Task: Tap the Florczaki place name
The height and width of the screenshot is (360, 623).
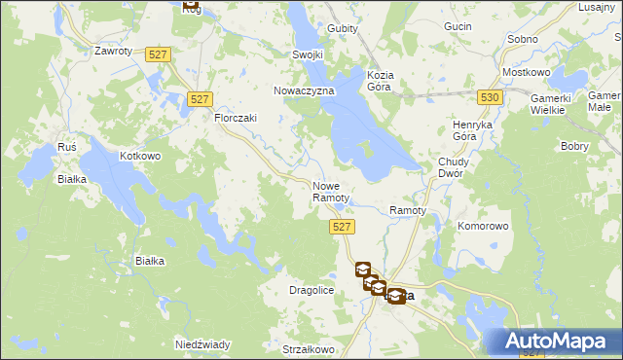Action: tap(235, 118)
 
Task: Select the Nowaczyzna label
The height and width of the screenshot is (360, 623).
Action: tap(304, 90)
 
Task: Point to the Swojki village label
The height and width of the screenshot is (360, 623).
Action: tap(308, 54)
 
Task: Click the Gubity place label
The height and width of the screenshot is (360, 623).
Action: tap(343, 28)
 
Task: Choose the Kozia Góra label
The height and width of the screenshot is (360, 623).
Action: tap(379, 81)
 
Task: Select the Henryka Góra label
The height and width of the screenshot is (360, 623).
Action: tap(475, 131)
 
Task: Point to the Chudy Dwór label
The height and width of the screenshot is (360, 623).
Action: tap(454, 167)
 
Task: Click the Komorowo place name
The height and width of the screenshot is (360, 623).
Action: tap(484, 226)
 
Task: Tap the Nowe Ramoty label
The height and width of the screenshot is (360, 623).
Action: tap(330, 192)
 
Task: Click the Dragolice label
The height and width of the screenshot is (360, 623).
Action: tap(312, 290)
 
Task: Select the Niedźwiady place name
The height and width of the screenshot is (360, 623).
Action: tap(202, 344)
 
